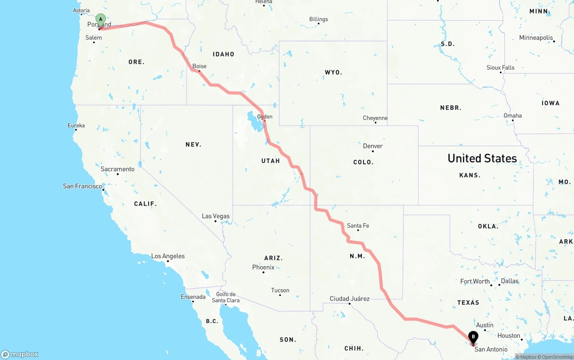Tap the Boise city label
pyautogui.click(x=200, y=66)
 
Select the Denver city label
pyautogui.click(x=373, y=146)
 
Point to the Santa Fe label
pyautogui.click(x=358, y=226)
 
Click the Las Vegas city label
pyautogui.click(x=216, y=216)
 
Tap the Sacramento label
pyautogui.click(x=117, y=169)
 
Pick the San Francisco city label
pyautogui.click(x=83, y=186)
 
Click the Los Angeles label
pyautogui.click(x=168, y=256)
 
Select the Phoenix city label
pyautogui.click(x=263, y=267)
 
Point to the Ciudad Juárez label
pyautogui.click(x=349, y=299)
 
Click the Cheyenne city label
pyautogui.click(x=375, y=118)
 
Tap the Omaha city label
pyautogui.click(x=513, y=116)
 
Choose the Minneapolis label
pyautogui.click(x=536, y=38)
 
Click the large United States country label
pyautogui.click(x=482, y=158)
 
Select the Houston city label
pyautogui.click(x=509, y=335)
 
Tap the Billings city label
pyautogui.click(x=318, y=19)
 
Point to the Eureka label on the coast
pyautogui.click(x=76, y=126)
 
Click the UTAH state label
pyautogui.click(x=270, y=160)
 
